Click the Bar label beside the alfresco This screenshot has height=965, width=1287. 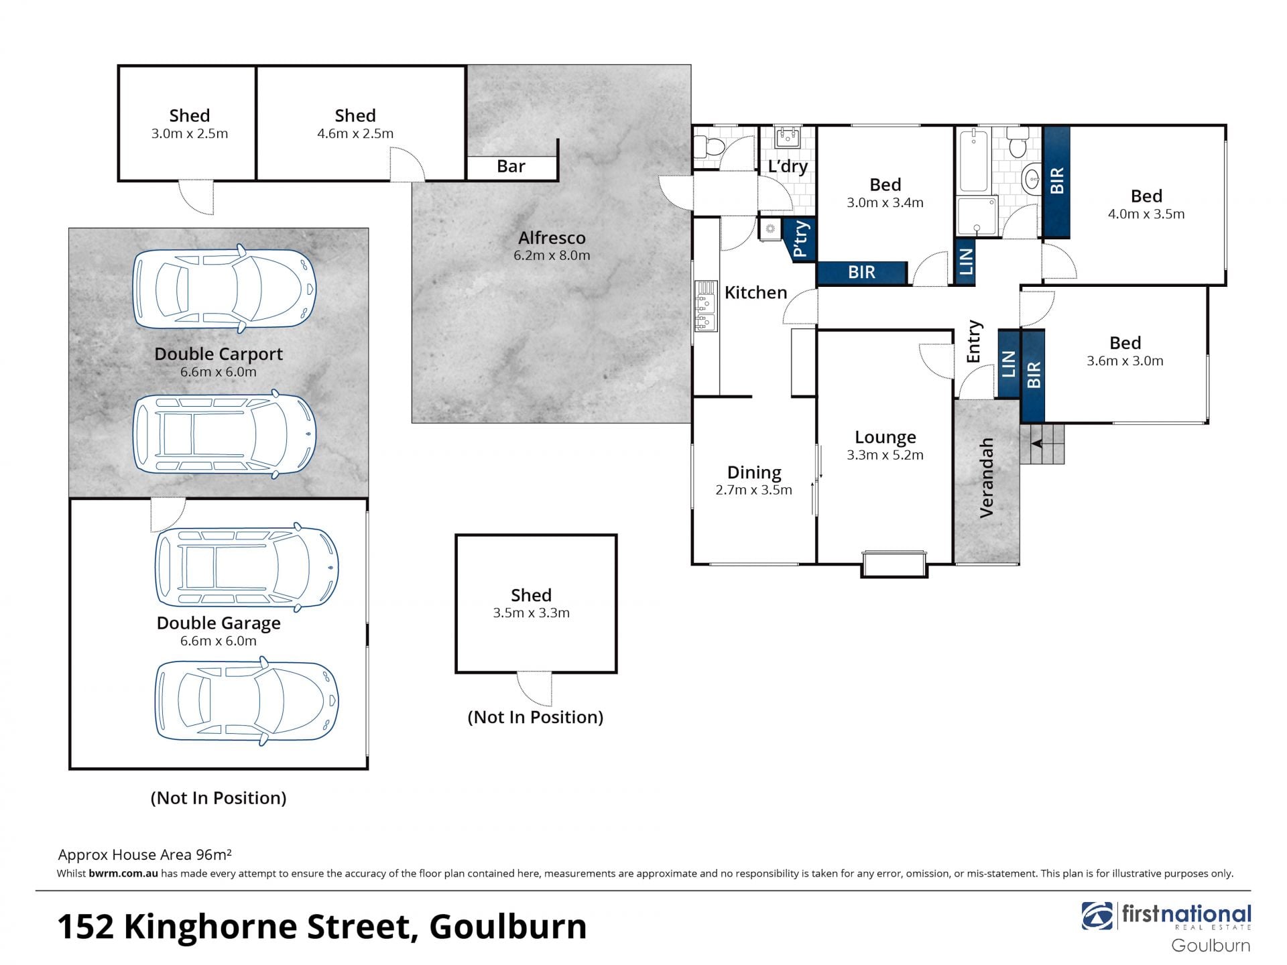point(511,166)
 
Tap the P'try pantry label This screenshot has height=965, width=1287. point(800,239)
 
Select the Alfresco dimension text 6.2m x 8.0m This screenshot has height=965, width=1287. point(552,255)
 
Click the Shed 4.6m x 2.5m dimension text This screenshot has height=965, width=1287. point(355,133)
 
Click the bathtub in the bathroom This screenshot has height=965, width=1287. point(973,162)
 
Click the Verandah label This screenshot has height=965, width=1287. point(987,478)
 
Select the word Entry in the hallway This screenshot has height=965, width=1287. point(974,342)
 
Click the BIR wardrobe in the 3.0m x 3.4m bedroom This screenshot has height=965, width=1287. point(862,272)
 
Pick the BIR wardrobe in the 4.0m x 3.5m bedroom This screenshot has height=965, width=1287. point(1056,182)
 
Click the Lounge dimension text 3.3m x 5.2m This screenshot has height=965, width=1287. point(885,455)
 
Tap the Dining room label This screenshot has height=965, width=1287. point(754,472)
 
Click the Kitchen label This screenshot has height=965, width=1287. point(755,293)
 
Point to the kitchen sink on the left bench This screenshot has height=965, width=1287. point(705,306)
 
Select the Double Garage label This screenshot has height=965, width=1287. point(219,623)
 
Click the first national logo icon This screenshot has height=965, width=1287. point(1096,916)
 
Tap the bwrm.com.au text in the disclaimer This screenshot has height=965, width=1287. point(123,873)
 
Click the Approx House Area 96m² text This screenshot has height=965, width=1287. point(145,854)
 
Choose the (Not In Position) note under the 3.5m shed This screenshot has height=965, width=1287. point(536,717)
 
